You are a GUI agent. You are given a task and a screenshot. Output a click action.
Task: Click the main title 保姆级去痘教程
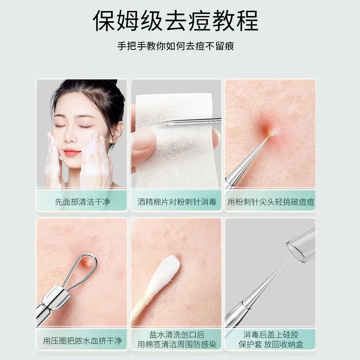175,21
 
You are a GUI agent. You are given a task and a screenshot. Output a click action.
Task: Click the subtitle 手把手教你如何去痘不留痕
175,46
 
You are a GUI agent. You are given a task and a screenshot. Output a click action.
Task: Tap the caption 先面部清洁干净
82,202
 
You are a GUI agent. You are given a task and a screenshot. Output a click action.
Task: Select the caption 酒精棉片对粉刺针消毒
177,202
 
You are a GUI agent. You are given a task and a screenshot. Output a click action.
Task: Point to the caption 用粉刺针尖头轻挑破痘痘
271,202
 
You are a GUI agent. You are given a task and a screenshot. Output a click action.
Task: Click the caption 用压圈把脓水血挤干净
82,341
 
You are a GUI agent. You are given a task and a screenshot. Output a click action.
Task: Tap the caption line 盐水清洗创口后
177,335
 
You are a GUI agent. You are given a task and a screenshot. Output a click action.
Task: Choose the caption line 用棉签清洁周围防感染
177,344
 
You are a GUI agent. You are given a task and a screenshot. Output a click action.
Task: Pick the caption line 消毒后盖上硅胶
271,335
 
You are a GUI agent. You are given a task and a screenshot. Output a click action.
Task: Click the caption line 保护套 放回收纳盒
271,344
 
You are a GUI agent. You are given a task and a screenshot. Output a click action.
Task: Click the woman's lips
72,153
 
